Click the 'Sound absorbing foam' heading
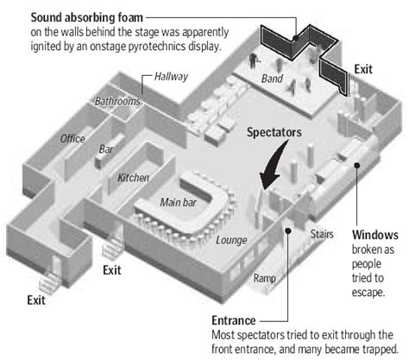coord(86,17)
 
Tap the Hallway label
coord(171,77)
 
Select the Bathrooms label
coord(117,101)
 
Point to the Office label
coord(72,139)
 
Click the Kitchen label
coord(133,178)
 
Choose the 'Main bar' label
coord(179,202)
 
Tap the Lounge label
coord(231,240)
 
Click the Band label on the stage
coord(272,79)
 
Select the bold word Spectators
coord(274,132)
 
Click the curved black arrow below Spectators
coord(273,167)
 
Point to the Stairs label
coord(322,234)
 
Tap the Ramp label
coord(265,278)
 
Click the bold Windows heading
coord(375,235)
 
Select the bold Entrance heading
coord(234,320)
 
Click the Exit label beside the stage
coord(363,69)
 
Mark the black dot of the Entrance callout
coord(288,231)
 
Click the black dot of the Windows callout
coord(357,165)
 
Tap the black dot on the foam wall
coord(295,37)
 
